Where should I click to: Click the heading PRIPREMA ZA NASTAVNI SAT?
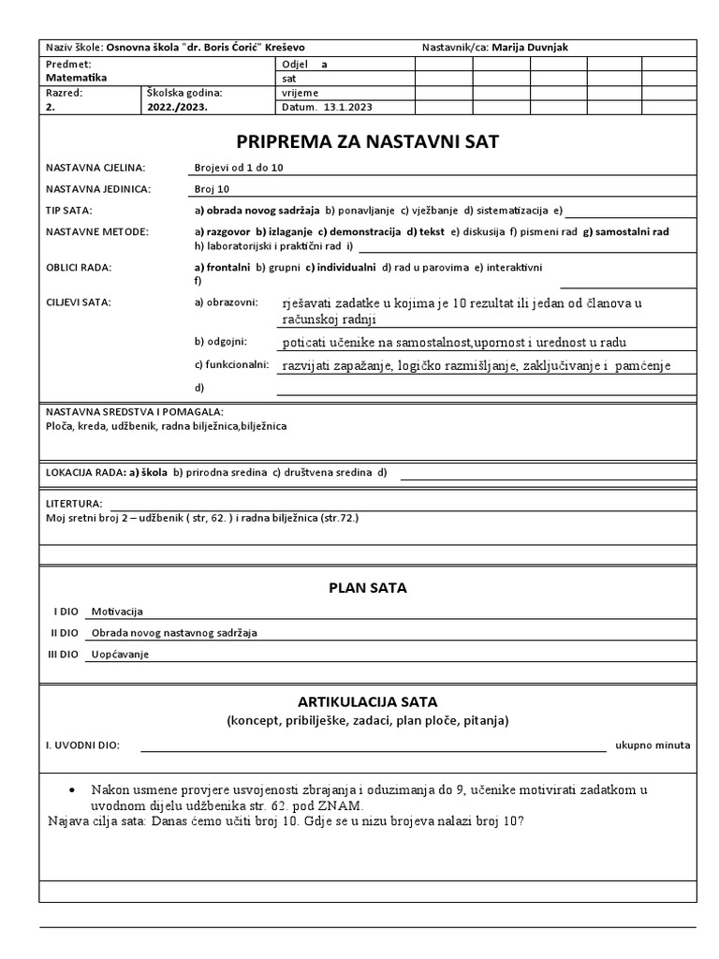(x=368, y=141)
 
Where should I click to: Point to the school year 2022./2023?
(x=178, y=107)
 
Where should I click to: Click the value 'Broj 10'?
(x=211, y=188)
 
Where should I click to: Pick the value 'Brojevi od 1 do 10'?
(x=239, y=167)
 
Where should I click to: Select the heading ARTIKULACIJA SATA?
(x=367, y=701)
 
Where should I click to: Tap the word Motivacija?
(x=116, y=612)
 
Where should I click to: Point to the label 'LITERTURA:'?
(x=74, y=503)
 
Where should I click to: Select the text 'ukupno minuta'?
(x=653, y=745)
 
